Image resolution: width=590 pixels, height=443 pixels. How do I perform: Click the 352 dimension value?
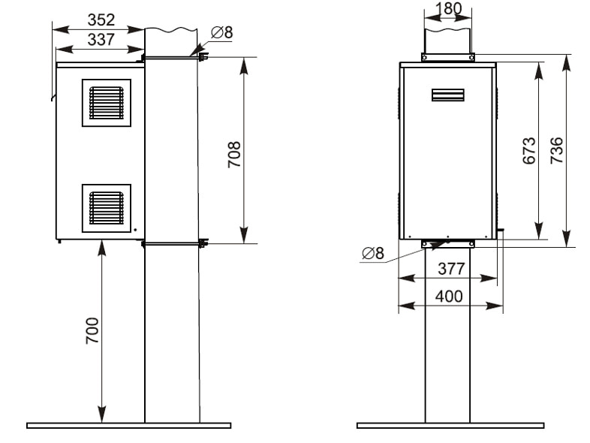click(x=101, y=20)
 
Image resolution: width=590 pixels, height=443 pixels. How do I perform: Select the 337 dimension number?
click(x=101, y=40)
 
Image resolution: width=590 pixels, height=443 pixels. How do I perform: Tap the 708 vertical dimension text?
click(x=234, y=155)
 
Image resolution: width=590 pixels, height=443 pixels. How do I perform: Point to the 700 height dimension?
click(x=92, y=330)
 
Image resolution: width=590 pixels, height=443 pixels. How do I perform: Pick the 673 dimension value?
click(x=529, y=151)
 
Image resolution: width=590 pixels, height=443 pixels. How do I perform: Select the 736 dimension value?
click(x=556, y=151)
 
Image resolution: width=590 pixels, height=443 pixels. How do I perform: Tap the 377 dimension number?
click(x=452, y=269)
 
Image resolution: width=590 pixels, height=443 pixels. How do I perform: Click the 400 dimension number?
click(x=449, y=297)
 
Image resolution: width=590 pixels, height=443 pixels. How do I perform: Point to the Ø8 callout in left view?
click(x=222, y=32)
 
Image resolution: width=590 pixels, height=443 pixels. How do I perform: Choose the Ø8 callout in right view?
click(x=373, y=253)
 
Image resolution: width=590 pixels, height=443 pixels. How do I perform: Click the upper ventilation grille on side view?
click(x=107, y=103)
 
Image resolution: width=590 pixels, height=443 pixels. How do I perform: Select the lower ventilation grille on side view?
click(x=107, y=208)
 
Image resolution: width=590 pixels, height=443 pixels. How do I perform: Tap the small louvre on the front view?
click(x=448, y=95)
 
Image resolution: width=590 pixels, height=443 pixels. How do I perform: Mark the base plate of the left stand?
click(x=128, y=425)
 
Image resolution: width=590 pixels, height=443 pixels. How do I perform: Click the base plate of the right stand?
click(x=450, y=425)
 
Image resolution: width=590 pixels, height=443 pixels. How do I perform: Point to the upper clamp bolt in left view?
click(x=203, y=57)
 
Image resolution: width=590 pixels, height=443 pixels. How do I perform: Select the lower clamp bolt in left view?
click(x=203, y=243)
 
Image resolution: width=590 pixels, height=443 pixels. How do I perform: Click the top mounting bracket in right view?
click(x=448, y=57)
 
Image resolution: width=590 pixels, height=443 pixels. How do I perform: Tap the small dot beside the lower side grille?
click(x=135, y=230)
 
